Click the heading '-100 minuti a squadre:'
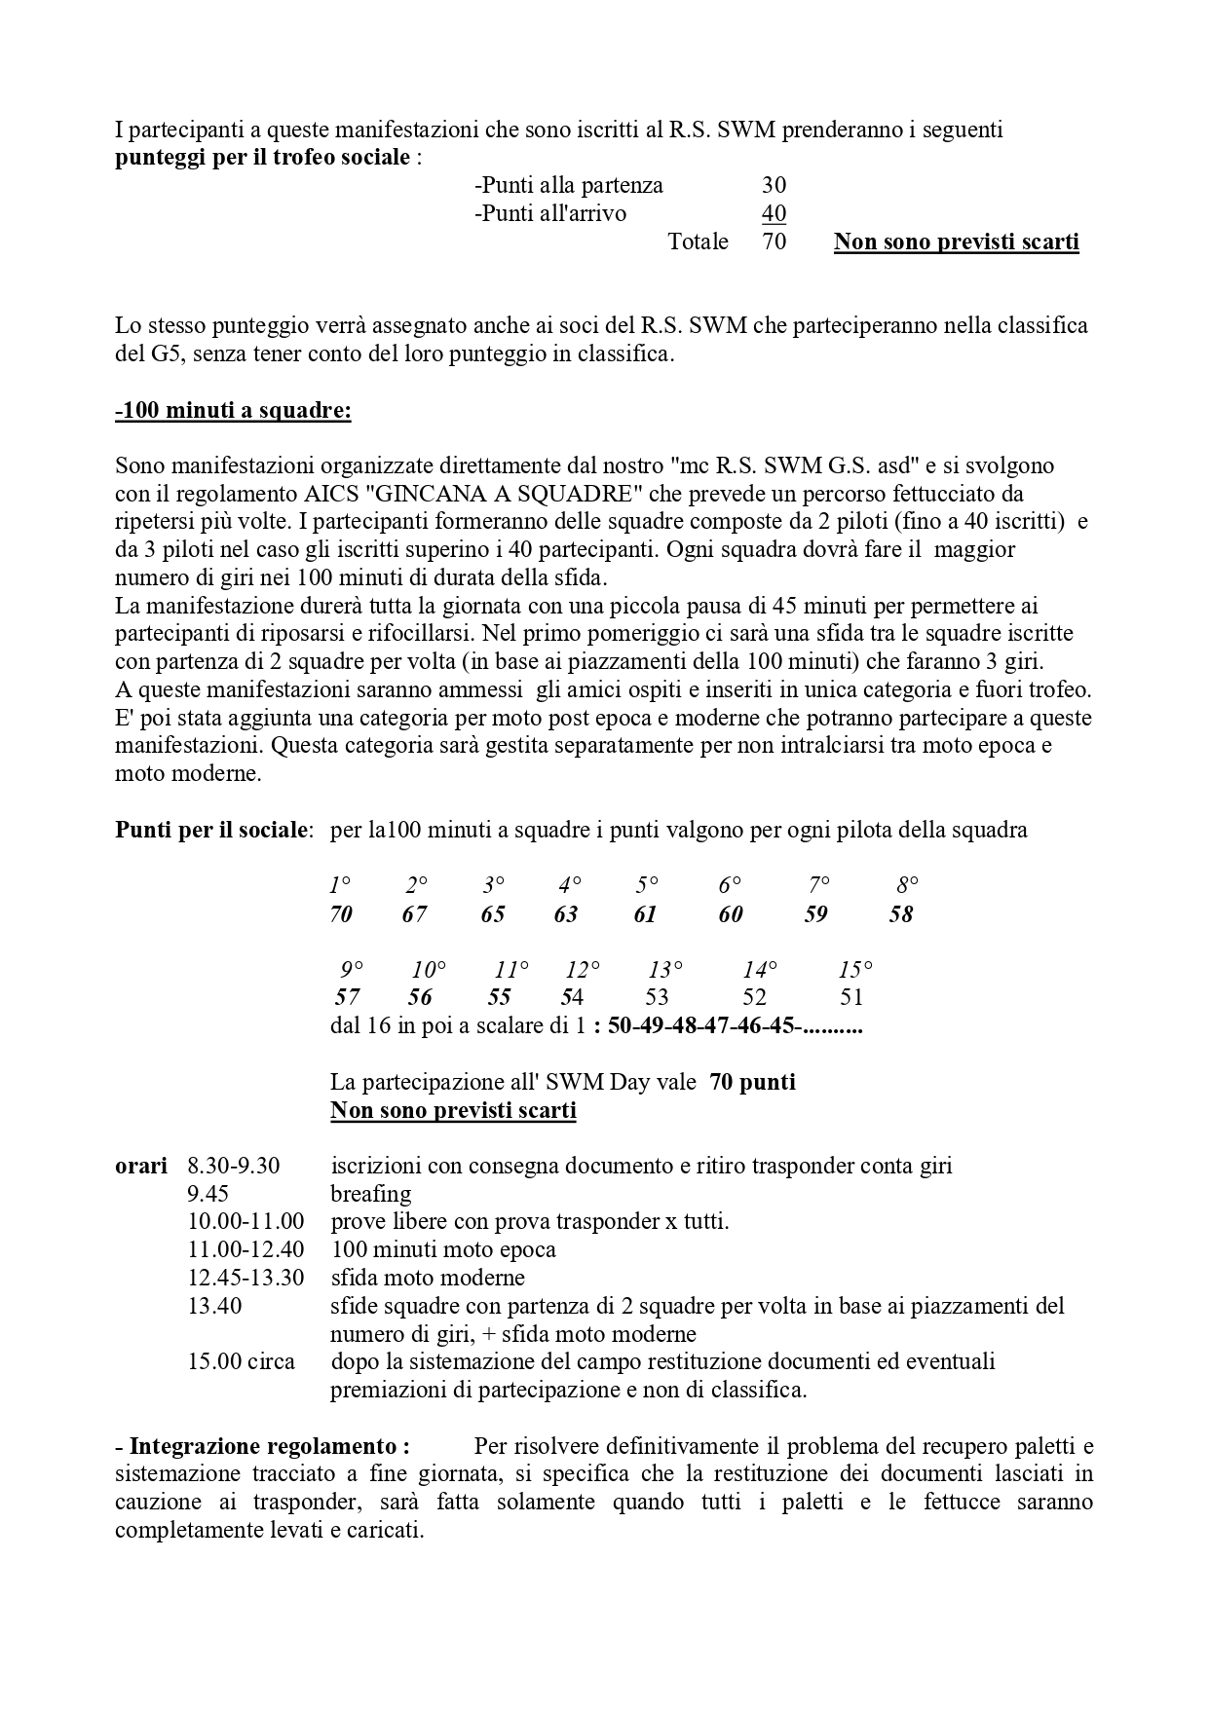[233, 411]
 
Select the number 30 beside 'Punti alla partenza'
[774, 185]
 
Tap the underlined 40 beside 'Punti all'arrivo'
[774, 213]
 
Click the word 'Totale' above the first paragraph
[698, 241]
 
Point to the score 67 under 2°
[415, 914]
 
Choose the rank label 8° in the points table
[907, 886]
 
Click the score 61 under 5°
[645, 914]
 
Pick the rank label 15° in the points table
[854, 970]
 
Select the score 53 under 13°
[657, 997]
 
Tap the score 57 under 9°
[347, 997]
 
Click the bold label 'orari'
[140, 1166]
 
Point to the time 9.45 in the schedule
[208, 1194]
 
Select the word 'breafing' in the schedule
[371, 1194]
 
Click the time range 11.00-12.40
[246, 1249]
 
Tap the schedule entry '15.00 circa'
[241, 1361]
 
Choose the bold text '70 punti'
[752, 1082]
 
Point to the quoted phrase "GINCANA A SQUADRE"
[508, 494]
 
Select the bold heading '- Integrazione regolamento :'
[262, 1446]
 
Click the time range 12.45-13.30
[246, 1278]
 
